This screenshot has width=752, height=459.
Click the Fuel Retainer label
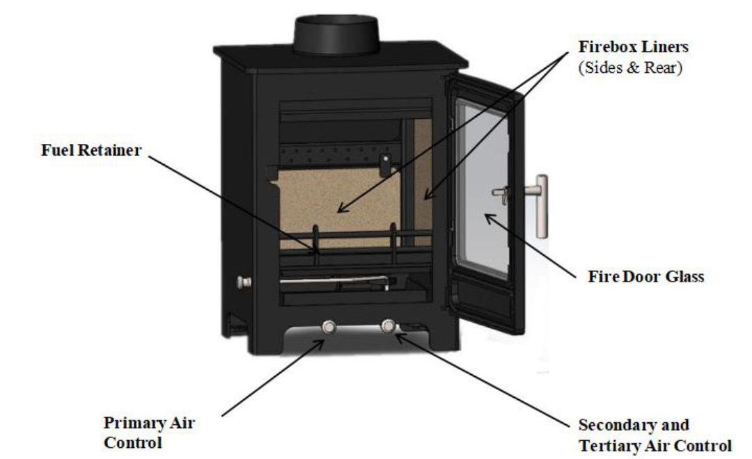pyautogui.click(x=91, y=150)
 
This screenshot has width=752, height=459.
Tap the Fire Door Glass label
pyautogui.click(x=645, y=277)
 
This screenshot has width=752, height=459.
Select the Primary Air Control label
pyautogui.click(x=149, y=433)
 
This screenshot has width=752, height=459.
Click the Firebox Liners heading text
pyautogui.click(x=633, y=47)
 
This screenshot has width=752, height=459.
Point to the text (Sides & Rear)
pyautogui.click(x=630, y=67)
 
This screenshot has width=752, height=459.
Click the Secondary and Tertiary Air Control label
pyautogui.click(x=655, y=435)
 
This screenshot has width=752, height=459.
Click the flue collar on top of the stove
pyautogui.click(x=336, y=35)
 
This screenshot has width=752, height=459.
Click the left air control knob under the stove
pyautogui.click(x=329, y=327)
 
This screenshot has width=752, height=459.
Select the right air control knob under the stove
pyautogui.click(x=388, y=325)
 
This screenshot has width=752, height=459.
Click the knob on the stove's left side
pyautogui.click(x=244, y=282)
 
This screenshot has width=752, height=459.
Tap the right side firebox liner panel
pyautogui.click(x=423, y=182)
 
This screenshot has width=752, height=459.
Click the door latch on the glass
pyautogui.click(x=501, y=193)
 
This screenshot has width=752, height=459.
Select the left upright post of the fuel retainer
pyautogui.click(x=316, y=244)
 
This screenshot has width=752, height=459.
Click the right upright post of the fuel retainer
pyautogui.click(x=393, y=243)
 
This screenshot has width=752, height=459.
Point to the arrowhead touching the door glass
pyautogui.click(x=489, y=219)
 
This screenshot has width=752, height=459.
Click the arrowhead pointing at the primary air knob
pyautogui.click(x=318, y=344)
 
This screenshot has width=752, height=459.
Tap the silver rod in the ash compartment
pyautogui.click(x=334, y=280)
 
